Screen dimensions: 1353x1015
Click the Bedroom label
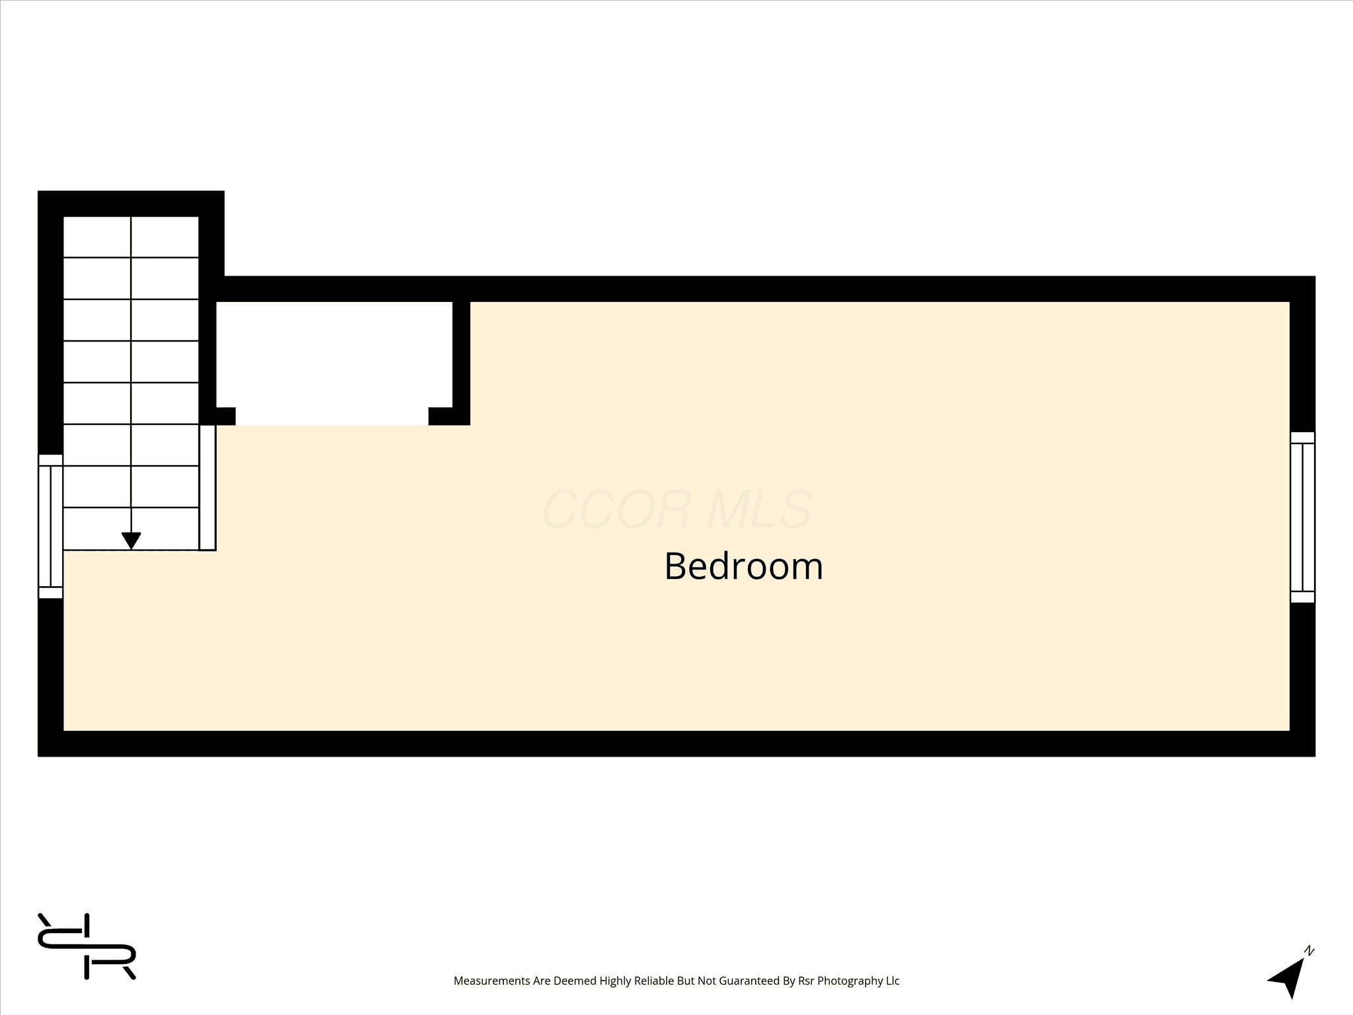click(744, 566)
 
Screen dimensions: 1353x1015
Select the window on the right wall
click(1303, 517)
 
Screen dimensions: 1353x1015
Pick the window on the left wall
click(50, 527)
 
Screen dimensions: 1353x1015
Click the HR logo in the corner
click(87, 946)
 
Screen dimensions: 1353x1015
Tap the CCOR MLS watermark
click(677, 509)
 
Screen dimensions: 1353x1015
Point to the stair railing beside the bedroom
click(207, 488)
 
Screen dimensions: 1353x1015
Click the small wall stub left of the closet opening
click(225, 416)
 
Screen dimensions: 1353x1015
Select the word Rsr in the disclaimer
click(805, 981)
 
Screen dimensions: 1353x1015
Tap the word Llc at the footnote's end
click(893, 981)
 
